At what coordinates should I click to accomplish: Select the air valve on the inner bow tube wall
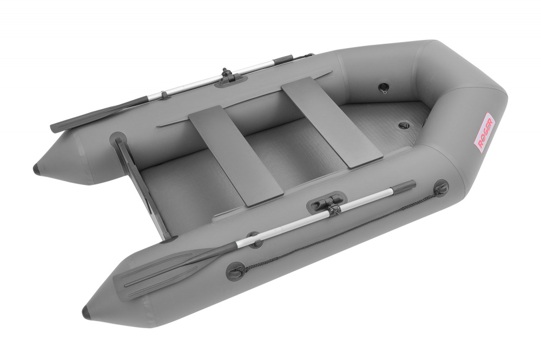click(384, 86)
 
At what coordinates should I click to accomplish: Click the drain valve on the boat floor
click(404, 125)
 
